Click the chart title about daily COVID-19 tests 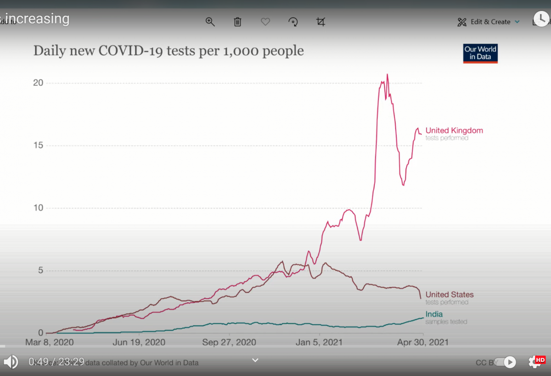coord(169,51)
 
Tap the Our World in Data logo coord(480,53)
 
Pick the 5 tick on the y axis coord(40,271)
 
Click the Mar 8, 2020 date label coord(49,343)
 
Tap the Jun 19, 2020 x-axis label coord(139,343)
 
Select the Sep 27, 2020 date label coord(229,343)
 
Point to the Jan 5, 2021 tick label coord(319,343)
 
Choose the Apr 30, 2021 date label coord(422,343)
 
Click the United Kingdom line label coord(454,131)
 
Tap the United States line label coord(450,295)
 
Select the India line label coord(434,315)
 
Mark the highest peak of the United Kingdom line coord(387,74)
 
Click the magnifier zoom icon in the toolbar coord(210,22)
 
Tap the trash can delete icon coord(237,22)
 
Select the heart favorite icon coord(265,22)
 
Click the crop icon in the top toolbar coord(321,22)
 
